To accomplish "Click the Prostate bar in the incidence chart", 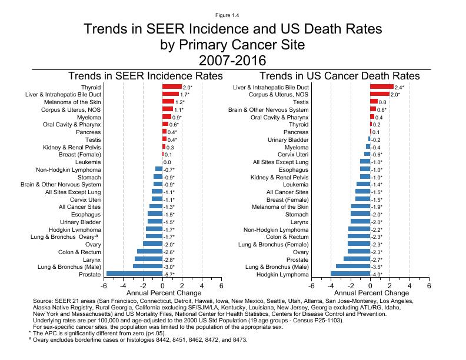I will pyautogui.click(x=134, y=274).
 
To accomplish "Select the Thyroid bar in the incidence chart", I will pyautogui.click(x=172, y=87).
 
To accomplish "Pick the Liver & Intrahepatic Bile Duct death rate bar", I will pyautogui.click(x=381, y=87).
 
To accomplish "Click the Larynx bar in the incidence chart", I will pyautogui.click(x=148, y=259).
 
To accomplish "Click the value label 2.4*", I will pyautogui.click(x=400, y=87).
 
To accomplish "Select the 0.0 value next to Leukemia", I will pyautogui.click(x=167, y=162).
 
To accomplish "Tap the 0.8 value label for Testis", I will pyautogui.click(x=382, y=102).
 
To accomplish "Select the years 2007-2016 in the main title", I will pyautogui.click(x=233, y=59).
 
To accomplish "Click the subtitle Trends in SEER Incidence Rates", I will pyautogui.click(x=145, y=76).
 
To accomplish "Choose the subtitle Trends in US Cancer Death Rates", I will pyautogui.click(x=339, y=76).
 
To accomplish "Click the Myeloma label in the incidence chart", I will pyautogui.click(x=88, y=117).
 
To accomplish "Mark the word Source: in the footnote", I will pyautogui.click(x=44, y=301).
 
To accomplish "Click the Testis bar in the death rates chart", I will pyautogui.click(x=374, y=102).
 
